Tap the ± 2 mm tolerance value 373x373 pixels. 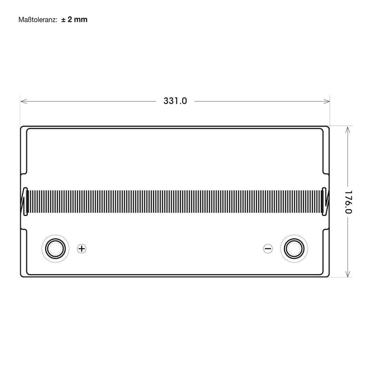[x=74, y=20]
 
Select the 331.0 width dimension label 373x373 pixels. [x=175, y=101]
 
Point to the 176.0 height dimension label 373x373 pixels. [x=348, y=202]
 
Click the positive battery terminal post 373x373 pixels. [x=55, y=249]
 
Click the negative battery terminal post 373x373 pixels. [x=294, y=249]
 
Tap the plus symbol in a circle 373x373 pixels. [x=82, y=249]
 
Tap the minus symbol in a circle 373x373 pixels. [x=268, y=249]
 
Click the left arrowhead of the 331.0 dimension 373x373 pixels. [x=23, y=101]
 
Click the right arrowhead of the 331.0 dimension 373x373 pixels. [x=327, y=101]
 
